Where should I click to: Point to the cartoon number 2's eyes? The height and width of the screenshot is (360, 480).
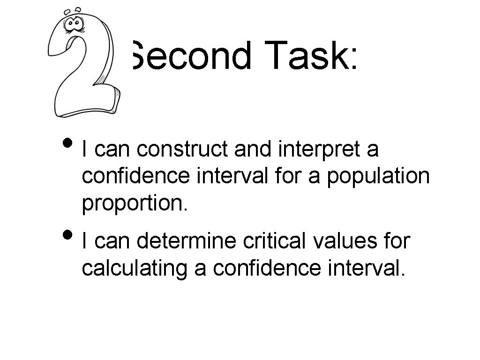[x=74, y=23]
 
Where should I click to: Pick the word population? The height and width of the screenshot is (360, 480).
[x=378, y=176]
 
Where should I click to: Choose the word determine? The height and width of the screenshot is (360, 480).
[x=187, y=242]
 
